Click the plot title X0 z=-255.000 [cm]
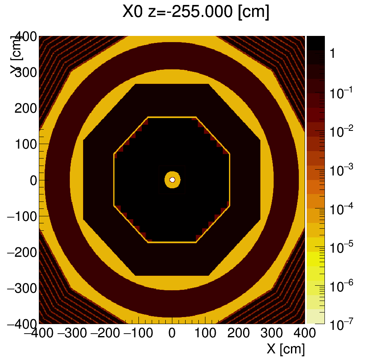pos(195,12)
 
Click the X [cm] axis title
pos(286,349)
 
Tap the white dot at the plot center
pos(172,180)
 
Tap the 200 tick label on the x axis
pos(238,333)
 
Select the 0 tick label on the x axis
pos(172,333)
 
